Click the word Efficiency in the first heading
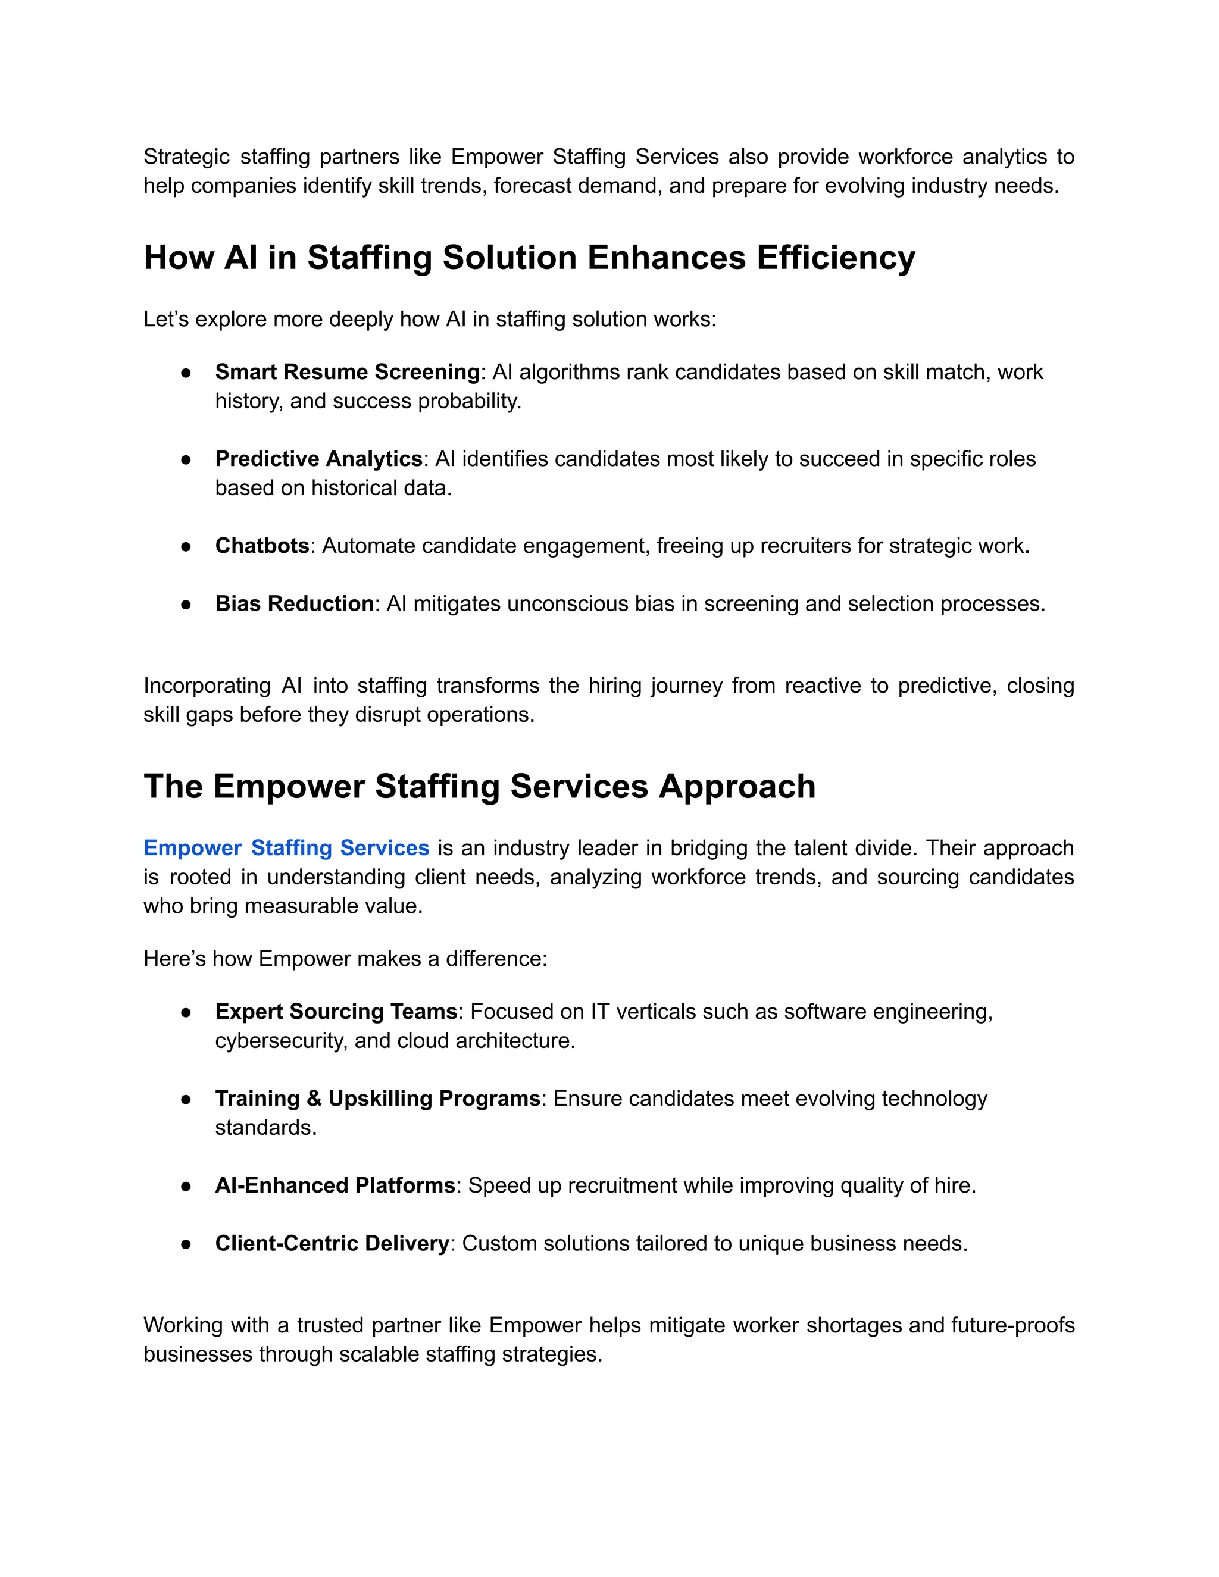click(836, 258)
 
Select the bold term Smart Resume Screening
click(348, 372)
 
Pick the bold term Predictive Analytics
click(318, 458)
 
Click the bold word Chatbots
click(262, 545)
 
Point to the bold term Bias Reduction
click(294, 603)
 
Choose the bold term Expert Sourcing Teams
click(336, 1011)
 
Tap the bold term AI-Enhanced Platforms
click(335, 1185)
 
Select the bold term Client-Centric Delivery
click(332, 1243)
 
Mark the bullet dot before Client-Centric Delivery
click(186, 1244)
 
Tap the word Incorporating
click(207, 685)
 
